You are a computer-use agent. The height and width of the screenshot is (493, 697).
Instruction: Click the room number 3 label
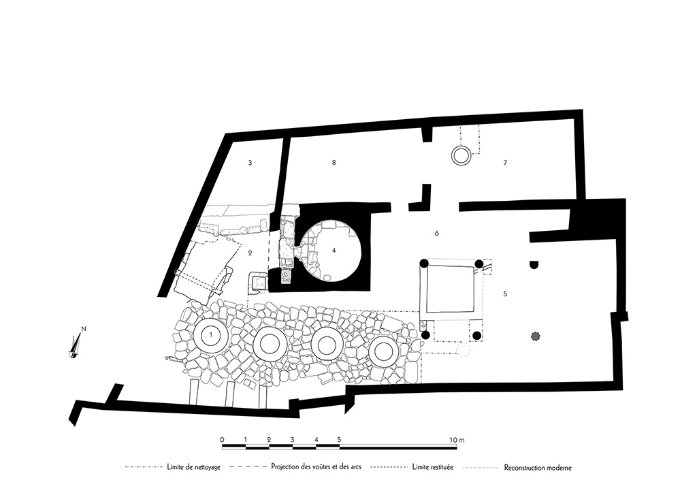[x=250, y=163]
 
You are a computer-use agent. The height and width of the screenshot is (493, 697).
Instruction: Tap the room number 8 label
[x=334, y=163]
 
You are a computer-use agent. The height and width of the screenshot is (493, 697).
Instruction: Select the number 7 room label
[x=505, y=163]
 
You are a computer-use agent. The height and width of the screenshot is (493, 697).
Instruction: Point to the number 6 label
[x=437, y=234]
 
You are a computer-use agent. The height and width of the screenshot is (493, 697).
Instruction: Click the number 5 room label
[x=505, y=294]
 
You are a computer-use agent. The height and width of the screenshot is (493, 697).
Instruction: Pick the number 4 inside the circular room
[x=334, y=250]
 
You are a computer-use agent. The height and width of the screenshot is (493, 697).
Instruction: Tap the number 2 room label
[x=250, y=253]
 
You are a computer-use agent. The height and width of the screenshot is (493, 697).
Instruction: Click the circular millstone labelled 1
[x=212, y=335]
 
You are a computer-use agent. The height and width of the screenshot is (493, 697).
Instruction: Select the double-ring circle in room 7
[x=461, y=156]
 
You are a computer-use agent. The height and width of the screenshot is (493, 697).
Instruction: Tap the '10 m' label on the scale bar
[x=457, y=441]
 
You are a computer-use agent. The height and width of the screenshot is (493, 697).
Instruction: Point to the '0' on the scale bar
[x=223, y=441]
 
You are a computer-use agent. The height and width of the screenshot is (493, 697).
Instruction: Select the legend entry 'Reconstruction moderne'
[x=538, y=468]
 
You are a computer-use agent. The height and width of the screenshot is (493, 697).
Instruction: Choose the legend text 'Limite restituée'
[x=433, y=468]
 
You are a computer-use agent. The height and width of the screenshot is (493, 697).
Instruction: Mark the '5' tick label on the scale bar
[x=339, y=441]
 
